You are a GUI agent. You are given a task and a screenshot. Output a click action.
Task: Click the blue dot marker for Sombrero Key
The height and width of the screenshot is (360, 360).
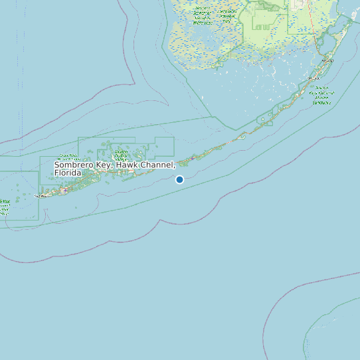pos(179,179)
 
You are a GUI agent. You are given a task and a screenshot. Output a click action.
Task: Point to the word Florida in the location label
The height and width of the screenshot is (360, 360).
pos(68,173)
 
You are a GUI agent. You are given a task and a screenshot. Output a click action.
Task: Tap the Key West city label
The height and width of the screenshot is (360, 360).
pos(43,196)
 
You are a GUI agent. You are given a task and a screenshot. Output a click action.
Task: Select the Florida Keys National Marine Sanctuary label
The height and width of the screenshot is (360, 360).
pos(322,95)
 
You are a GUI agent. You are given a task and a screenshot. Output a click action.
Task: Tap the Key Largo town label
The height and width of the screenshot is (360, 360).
pos(327,60)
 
